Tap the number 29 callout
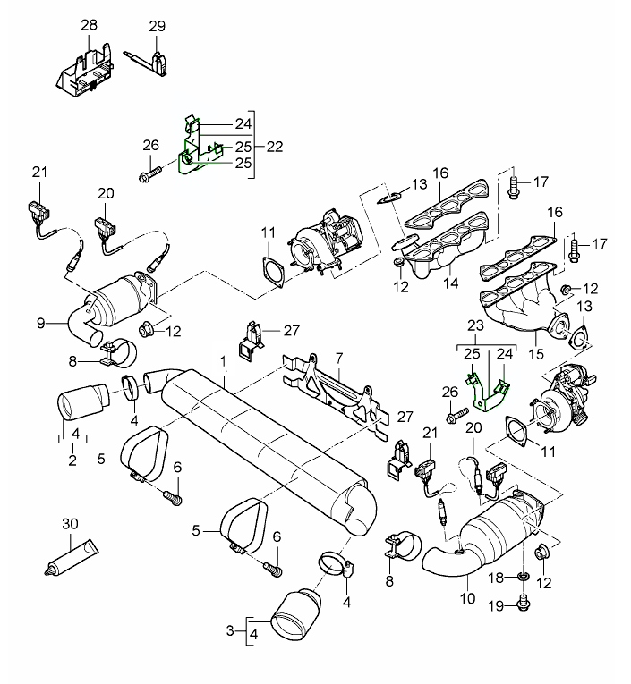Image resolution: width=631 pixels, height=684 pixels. click(157, 26)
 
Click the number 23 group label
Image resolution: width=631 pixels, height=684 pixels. click(475, 327)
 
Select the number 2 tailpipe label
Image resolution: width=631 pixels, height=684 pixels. click(72, 461)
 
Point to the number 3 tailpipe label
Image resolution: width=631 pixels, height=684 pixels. click(231, 631)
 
